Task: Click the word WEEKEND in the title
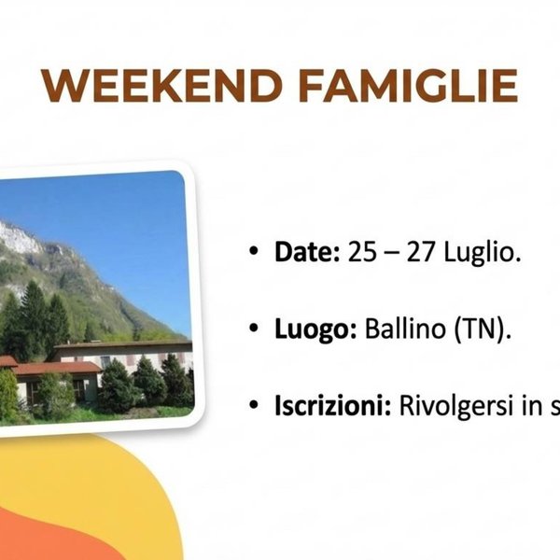(164, 86)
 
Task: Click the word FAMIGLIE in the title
(408, 86)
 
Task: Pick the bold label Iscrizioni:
(332, 407)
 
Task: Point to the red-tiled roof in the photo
(56, 368)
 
